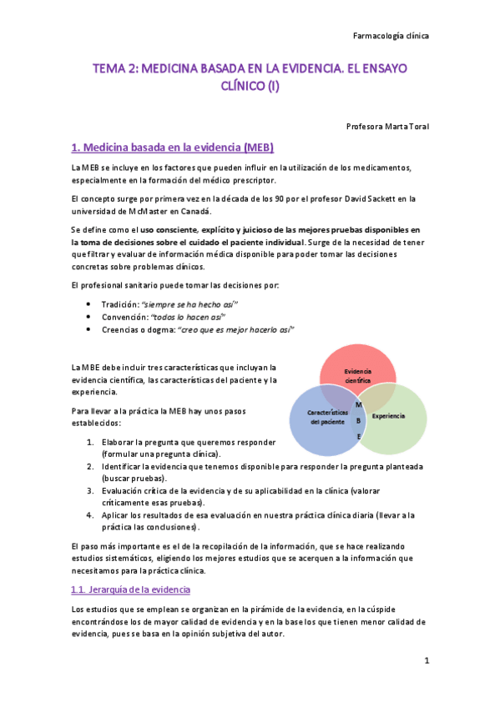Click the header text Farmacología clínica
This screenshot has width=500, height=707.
click(391, 37)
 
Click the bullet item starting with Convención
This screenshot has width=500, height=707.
click(157, 317)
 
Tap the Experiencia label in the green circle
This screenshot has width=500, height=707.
click(388, 416)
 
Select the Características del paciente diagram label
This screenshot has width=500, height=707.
click(326, 417)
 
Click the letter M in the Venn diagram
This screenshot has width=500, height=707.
click(358, 405)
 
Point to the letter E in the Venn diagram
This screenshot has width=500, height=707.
click(359, 436)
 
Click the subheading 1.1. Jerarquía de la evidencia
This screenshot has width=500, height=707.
click(131, 590)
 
